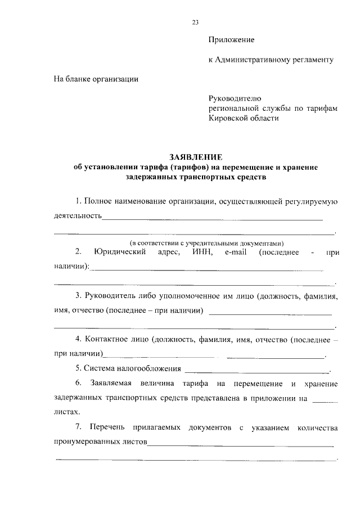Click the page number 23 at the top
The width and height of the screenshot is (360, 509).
pos(195,22)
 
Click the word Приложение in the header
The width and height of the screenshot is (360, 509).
pos(231,40)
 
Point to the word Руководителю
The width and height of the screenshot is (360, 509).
pos(234,98)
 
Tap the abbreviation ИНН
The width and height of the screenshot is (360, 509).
pos(201,253)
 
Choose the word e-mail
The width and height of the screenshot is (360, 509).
pos(236,253)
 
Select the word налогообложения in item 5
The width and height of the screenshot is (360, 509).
pos(148,369)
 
